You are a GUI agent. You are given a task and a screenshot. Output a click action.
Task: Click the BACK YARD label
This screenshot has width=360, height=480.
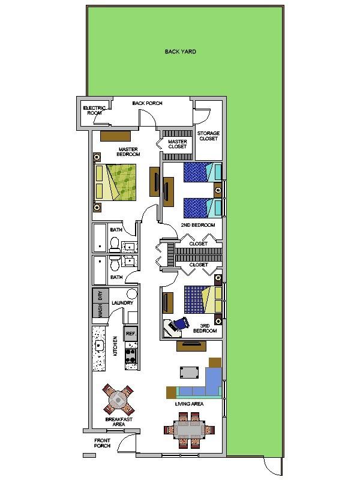tap(180, 52)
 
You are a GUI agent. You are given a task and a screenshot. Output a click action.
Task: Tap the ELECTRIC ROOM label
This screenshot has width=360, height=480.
tap(95, 110)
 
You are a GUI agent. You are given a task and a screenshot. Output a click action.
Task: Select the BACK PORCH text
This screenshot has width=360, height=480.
tap(147, 103)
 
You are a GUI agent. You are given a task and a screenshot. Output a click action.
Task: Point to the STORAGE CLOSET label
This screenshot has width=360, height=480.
tap(208, 136)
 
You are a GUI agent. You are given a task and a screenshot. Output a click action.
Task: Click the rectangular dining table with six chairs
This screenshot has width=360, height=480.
tap(189, 430)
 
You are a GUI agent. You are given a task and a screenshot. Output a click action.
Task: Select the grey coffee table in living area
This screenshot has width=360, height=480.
tap(190, 372)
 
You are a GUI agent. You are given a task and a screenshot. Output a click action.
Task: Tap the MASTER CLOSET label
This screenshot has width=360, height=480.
tap(178, 144)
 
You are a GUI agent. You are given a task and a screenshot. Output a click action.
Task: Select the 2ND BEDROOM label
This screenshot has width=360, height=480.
tap(198, 225)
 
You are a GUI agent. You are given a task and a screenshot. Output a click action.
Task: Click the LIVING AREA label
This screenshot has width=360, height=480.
tap(190, 404)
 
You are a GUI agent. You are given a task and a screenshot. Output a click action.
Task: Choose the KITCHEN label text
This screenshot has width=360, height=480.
tap(116, 346)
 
